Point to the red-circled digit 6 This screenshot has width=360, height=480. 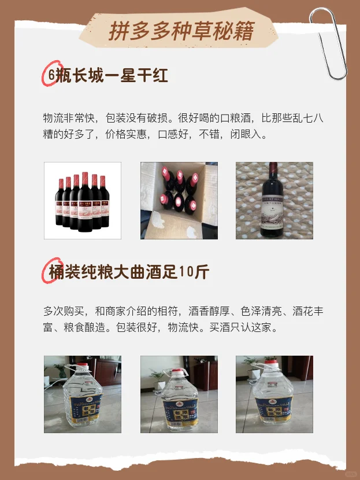(x=51, y=76)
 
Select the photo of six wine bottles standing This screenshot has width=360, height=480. (x=83, y=200)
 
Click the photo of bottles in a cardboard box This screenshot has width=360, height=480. (x=179, y=200)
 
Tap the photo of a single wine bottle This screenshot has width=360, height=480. (x=274, y=200)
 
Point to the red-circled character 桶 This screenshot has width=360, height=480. (x=55, y=272)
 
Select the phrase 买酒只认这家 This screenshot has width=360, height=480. (x=244, y=327)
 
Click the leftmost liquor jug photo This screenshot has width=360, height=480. (x=83, y=394)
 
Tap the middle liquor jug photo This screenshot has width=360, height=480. (x=179, y=394)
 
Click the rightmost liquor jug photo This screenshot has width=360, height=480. (x=274, y=394)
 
